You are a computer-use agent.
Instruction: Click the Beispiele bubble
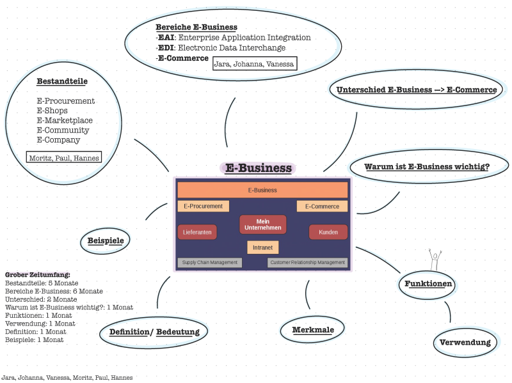[106, 241]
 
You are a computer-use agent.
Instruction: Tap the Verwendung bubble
[465, 342]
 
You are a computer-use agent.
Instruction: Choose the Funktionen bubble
[428, 283]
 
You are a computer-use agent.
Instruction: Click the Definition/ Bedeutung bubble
[154, 332]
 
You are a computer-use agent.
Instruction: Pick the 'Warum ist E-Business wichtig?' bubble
[427, 167]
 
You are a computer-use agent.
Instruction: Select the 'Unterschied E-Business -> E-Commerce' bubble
[417, 90]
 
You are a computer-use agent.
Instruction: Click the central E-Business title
[259, 168]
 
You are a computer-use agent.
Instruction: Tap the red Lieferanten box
[197, 232]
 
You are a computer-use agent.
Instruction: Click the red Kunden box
[328, 232]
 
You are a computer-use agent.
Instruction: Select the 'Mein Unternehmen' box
[263, 224]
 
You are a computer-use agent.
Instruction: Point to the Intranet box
[262, 247]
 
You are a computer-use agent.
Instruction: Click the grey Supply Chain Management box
[209, 262]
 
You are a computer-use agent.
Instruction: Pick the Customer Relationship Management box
[307, 262]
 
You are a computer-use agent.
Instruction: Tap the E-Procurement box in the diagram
[203, 206]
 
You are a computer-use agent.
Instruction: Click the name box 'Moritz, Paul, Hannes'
[63, 157]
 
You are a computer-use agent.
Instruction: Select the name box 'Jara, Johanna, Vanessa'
[254, 63]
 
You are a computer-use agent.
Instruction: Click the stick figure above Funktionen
[435, 260]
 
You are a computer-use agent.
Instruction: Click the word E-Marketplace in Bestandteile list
[65, 120]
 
